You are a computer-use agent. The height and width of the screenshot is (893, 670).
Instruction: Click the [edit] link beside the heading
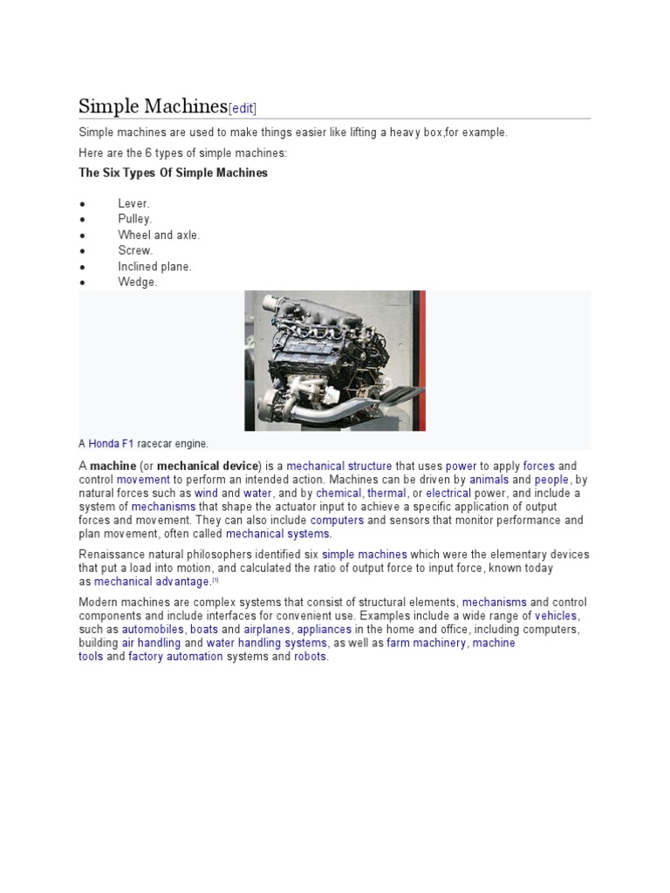pos(242,108)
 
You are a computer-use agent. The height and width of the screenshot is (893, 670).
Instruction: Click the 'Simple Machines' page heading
pos(153,106)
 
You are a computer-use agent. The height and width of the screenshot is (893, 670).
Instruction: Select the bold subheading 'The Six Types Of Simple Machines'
pos(173,173)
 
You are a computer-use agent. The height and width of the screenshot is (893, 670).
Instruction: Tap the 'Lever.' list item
pos(133,203)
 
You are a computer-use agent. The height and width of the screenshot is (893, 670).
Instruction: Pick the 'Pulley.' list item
pos(135,219)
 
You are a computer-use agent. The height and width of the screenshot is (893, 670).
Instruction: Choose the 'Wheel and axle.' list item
pos(159,235)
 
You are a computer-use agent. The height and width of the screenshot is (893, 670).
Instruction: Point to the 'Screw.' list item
pos(135,250)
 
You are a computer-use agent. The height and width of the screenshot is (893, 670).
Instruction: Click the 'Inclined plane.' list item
pos(154,266)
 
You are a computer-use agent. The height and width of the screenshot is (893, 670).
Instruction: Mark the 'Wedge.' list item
pos(137,282)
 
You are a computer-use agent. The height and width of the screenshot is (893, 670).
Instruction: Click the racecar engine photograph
pos(335,360)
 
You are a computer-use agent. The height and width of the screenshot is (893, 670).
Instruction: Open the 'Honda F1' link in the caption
pos(111,444)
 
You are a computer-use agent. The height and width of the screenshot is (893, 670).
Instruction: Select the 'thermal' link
pos(386,493)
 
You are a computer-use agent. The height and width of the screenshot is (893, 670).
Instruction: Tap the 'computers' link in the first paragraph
pos(337,520)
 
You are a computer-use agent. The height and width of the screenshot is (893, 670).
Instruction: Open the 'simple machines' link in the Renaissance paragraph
pos(364,555)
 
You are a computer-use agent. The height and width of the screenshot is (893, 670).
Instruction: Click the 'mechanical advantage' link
pos(152,582)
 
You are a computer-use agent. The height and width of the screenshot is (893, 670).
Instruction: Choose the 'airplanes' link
pos(267,629)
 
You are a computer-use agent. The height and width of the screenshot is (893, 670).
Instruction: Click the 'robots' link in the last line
pos(310,657)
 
